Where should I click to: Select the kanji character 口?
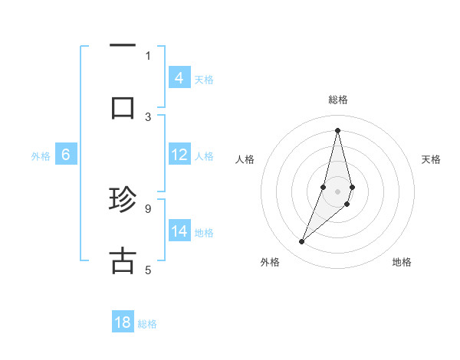[123, 107]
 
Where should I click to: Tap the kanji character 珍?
[123, 201]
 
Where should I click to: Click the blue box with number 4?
[179, 77]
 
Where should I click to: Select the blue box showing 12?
[179, 155]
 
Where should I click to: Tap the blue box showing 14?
[179, 231]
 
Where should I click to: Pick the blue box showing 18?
[123, 322]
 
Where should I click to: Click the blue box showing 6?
[66, 155]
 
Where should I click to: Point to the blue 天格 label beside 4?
[204, 79]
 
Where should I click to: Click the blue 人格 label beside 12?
[204, 156]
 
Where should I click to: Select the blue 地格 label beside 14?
[204, 233]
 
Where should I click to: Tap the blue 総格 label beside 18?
[147, 324]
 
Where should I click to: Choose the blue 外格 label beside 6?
[41, 156]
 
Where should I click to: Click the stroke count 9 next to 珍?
[147, 208]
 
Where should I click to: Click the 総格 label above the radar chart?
[337, 100]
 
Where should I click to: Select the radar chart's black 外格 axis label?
[270, 262]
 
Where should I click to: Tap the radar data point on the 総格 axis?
[337, 129]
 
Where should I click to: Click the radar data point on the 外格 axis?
[301, 242]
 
